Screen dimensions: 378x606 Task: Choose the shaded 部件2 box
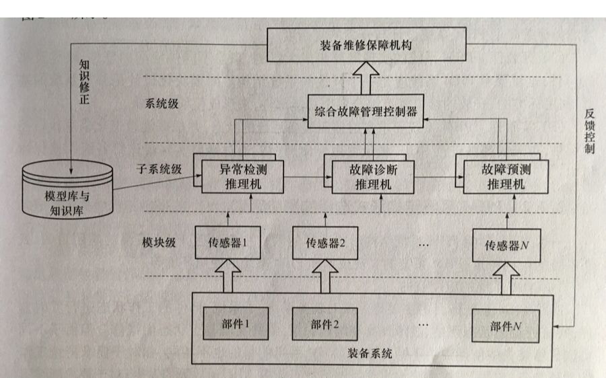pyautogui.click(x=325, y=323)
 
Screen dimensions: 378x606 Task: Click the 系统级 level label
pyautogui.click(x=160, y=104)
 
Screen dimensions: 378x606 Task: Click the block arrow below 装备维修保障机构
pyautogui.click(x=367, y=77)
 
